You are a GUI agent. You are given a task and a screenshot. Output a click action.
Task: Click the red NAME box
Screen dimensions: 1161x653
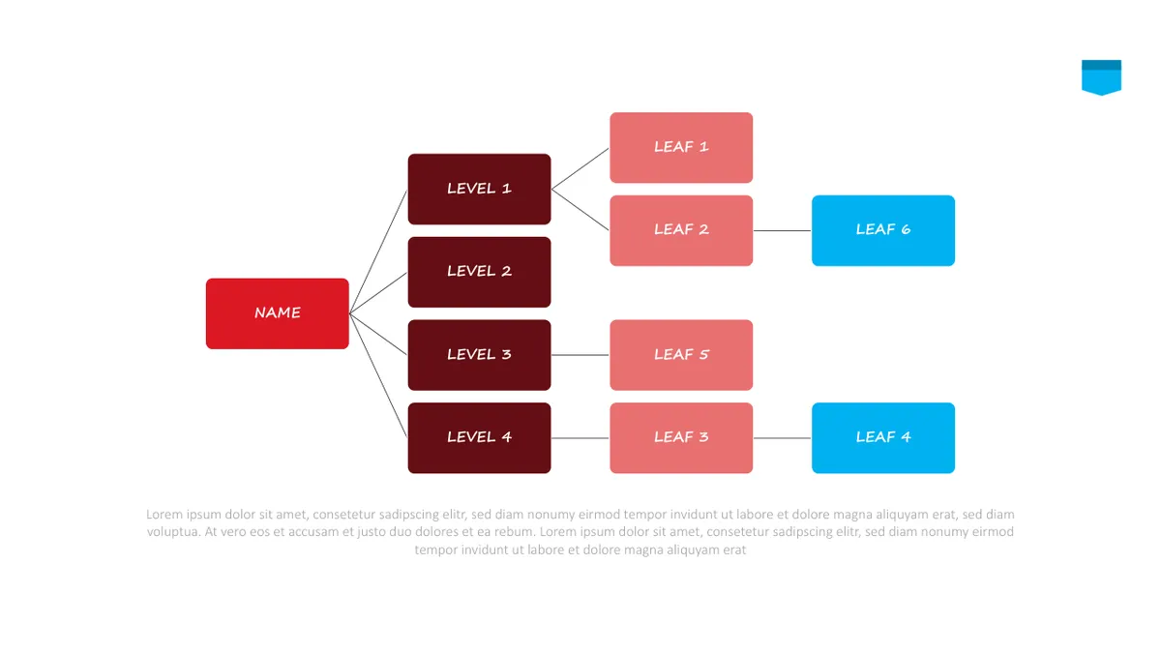point(278,313)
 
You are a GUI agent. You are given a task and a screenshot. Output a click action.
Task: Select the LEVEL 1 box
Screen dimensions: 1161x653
point(480,190)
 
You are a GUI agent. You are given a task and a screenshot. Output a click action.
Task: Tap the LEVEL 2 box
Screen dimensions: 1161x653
point(480,272)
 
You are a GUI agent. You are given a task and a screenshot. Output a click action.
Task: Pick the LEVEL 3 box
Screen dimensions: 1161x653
point(480,355)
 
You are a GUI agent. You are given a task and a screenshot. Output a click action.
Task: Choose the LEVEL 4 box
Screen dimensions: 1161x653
point(480,438)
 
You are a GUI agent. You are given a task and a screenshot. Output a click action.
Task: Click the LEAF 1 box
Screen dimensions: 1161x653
point(681,148)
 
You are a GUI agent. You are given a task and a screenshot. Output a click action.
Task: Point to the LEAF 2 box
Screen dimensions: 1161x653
point(681,230)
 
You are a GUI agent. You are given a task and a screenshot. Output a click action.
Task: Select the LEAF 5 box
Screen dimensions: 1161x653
point(681,355)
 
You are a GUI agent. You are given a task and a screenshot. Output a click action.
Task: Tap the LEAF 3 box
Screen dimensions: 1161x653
point(681,438)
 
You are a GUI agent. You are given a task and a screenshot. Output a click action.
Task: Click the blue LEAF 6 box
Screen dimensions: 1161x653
point(883,230)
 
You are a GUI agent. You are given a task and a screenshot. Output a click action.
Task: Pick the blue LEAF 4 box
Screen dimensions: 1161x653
point(883,438)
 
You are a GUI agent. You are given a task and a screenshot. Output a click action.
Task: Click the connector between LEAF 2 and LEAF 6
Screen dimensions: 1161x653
point(782,230)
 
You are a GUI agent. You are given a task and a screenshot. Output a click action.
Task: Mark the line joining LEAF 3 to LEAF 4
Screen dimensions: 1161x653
point(782,438)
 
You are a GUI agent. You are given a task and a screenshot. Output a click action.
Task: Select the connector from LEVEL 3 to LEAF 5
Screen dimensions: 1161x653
point(580,355)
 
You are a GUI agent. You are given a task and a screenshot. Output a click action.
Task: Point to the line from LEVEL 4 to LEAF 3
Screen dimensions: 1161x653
point(580,438)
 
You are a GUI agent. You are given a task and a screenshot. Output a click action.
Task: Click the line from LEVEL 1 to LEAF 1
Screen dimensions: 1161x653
point(580,168)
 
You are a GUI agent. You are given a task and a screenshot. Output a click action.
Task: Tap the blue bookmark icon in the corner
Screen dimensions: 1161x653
point(1101,77)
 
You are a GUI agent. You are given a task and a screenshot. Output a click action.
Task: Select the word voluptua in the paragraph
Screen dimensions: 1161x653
point(173,532)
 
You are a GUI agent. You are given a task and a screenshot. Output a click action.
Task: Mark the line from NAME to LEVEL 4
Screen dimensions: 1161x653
point(378,375)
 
